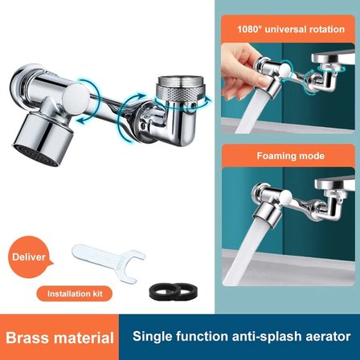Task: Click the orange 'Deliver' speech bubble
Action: click(x=30, y=257)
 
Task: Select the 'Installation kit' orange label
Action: click(x=75, y=293)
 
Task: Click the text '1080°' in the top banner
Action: click(x=250, y=29)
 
